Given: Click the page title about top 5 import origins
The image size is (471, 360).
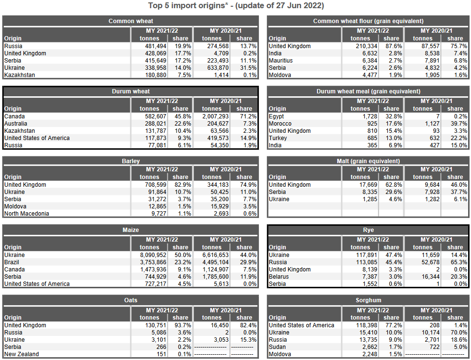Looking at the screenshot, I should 235,6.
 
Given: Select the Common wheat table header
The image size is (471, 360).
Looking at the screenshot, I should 131,21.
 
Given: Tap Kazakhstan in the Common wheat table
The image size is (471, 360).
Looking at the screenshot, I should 19,75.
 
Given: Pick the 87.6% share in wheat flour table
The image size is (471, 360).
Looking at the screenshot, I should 392,46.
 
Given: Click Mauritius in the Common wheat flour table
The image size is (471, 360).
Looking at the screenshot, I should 280,61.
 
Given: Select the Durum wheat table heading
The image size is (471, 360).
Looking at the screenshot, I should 131,91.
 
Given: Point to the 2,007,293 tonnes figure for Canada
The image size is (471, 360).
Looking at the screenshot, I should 212,116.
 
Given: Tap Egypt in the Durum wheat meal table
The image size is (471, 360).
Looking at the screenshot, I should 276,116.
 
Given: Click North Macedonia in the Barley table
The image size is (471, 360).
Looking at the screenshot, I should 26,214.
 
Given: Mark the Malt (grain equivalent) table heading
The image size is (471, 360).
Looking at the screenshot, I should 368,161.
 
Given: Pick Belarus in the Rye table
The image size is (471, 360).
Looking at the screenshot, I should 279,277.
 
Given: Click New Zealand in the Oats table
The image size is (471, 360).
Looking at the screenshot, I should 22,354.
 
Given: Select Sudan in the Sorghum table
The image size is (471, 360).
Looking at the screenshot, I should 277,347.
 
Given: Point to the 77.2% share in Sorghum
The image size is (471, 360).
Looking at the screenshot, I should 392,325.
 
